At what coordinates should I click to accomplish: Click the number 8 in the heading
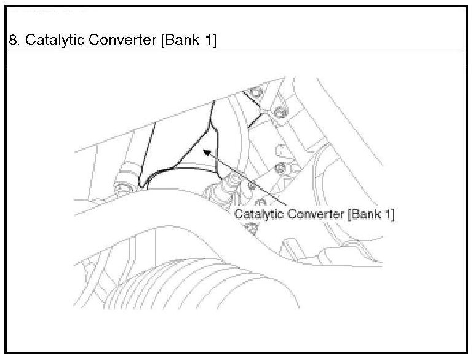click(12, 41)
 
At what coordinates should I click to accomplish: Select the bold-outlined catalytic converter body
click(178, 148)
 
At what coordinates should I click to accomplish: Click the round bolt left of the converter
click(123, 185)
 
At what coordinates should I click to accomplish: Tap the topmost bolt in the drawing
click(255, 94)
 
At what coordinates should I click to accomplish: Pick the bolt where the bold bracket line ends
click(279, 111)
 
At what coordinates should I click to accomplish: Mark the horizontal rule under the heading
click(236, 52)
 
